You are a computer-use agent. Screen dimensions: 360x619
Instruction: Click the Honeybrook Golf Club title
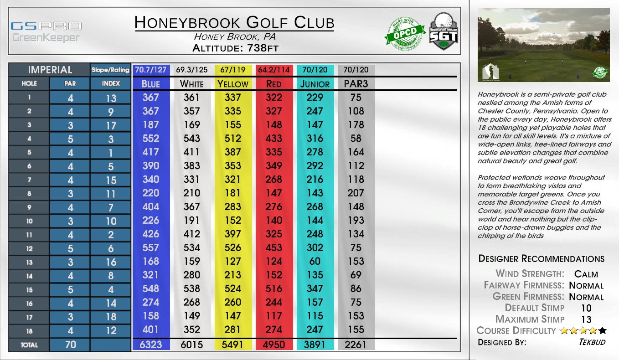pyautogui.click(x=234, y=22)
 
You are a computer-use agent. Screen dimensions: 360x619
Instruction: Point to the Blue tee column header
pyautogui.click(x=151, y=83)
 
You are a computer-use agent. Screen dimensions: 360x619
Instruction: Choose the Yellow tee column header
pyautogui.click(x=232, y=83)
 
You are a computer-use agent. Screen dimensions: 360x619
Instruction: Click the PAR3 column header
pyautogui.click(x=356, y=83)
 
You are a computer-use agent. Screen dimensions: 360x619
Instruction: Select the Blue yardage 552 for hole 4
pyautogui.click(x=151, y=138)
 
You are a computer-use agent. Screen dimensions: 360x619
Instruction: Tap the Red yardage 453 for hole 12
pyautogui.click(x=273, y=247)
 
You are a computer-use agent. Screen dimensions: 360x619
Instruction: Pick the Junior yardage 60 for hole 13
pyautogui.click(x=315, y=261)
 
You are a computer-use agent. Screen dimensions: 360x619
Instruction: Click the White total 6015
pyautogui.click(x=191, y=345)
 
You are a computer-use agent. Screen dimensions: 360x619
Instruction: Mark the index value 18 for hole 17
pyautogui.click(x=111, y=316)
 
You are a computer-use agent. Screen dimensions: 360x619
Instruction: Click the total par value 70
pyautogui.click(x=70, y=345)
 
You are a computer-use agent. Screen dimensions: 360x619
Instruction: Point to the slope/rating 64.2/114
pyautogui.click(x=273, y=70)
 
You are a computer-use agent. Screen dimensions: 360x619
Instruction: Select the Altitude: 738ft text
pyautogui.click(x=235, y=47)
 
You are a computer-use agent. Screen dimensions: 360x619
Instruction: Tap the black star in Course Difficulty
pyautogui.click(x=603, y=331)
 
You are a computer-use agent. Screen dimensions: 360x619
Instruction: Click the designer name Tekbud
pyautogui.click(x=592, y=342)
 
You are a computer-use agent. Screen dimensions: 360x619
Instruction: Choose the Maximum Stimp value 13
pyautogui.click(x=586, y=319)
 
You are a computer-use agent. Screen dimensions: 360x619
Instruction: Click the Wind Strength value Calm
pyautogui.click(x=586, y=274)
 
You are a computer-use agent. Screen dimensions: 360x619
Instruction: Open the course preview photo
pyautogui.click(x=543, y=45)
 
